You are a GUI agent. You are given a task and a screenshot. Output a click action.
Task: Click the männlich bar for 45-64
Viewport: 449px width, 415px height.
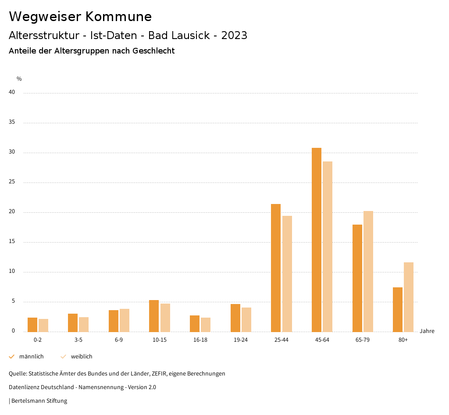(x=317, y=240)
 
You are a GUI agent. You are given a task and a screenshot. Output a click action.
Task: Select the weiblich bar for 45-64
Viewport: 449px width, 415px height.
(x=328, y=247)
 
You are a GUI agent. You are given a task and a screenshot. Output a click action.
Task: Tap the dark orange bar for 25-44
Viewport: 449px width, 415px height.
(x=276, y=268)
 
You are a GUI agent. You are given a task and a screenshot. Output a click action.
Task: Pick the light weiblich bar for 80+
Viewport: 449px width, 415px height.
(x=409, y=297)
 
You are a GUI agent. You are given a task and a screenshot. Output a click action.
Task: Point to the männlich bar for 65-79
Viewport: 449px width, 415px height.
(x=357, y=278)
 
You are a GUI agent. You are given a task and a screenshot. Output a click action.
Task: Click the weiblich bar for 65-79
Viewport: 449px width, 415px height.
(x=368, y=271)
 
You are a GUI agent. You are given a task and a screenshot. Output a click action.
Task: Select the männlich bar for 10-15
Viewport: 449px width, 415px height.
(x=154, y=316)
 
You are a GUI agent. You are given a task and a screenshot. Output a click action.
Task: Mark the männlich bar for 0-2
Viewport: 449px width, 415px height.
(x=32, y=325)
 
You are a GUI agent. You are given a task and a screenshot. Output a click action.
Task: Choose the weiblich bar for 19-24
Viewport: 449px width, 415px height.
(x=246, y=320)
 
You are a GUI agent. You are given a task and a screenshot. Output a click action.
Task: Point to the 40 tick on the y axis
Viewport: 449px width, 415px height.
(x=12, y=93)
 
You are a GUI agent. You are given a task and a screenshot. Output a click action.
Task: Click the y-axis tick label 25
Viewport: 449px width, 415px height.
(x=12, y=182)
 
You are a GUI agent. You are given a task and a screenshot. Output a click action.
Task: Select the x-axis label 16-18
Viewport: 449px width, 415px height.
(x=200, y=340)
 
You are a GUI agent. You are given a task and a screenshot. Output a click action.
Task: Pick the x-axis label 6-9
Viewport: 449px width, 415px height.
(x=119, y=340)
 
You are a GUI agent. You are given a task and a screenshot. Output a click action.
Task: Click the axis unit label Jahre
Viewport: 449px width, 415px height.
(x=427, y=331)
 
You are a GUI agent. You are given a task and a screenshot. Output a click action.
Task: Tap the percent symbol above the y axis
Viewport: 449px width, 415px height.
(x=19, y=79)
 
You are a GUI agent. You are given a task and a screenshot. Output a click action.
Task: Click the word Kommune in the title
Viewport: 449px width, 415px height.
(x=118, y=17)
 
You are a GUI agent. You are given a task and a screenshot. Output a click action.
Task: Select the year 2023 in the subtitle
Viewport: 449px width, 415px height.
(x=234, y=36)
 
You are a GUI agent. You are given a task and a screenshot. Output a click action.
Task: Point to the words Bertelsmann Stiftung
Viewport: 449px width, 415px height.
(x=39, y=401)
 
